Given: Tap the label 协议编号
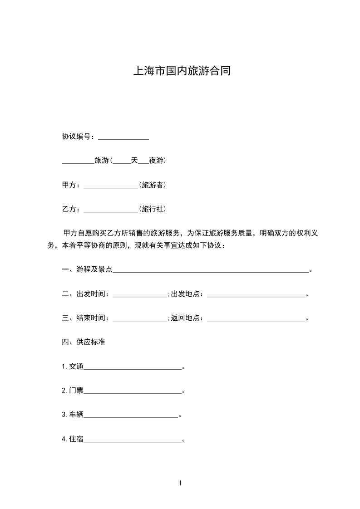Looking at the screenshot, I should point(78,137).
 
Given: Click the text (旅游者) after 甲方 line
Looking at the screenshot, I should point(152,185).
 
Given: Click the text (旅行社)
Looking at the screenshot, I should point(152,210).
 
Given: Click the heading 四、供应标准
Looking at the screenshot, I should point(84,342).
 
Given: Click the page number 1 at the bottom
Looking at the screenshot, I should point(180,484).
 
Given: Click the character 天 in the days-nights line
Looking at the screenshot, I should point(134,161).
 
